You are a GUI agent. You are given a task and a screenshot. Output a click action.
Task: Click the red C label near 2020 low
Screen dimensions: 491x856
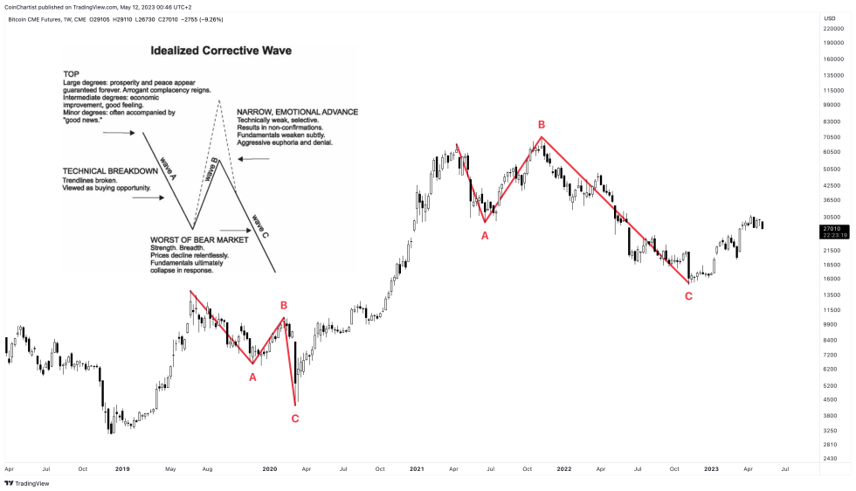click(294, 418)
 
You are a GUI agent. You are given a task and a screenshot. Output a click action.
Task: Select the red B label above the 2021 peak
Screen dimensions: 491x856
click(542, 125)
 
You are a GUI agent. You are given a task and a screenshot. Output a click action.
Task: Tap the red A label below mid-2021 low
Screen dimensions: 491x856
click(485, 234)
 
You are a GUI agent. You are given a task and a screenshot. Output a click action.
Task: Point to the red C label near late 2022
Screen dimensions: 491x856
click(688, 296)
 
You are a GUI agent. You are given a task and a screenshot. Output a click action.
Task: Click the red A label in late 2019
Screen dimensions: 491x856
click(252, 377)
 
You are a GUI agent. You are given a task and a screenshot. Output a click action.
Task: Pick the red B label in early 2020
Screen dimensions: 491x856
click(284, 305)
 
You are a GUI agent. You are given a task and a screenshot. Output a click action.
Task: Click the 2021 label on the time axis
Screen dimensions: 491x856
click(417, 469)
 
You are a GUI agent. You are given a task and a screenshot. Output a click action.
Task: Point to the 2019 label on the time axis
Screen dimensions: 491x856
click(122, 469)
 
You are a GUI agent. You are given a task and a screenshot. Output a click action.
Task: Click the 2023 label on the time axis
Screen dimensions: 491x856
click(711, 469)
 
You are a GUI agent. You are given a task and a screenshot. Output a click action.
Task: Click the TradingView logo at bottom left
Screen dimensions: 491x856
click(29, 482)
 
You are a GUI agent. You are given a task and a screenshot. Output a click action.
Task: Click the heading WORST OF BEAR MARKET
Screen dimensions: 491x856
click(199, 239)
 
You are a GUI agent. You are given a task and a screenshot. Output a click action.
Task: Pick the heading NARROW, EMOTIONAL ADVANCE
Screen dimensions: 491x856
click(297, 112)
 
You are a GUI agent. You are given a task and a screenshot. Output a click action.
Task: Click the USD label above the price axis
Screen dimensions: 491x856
click(829, 17)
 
